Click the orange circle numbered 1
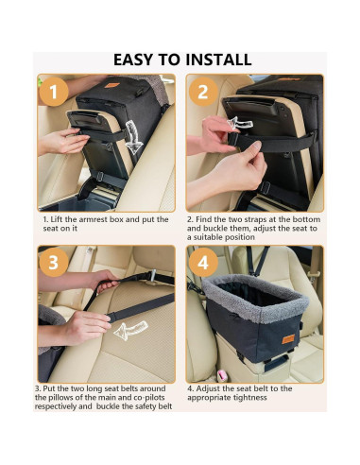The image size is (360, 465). point(54,92)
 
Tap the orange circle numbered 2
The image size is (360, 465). point(203,92)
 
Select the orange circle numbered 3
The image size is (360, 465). point(54,262)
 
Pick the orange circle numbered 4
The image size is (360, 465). point(203,262)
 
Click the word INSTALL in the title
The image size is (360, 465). point(218,60)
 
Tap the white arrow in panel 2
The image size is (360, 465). point(239,124)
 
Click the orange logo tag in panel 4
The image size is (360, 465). point(288,339)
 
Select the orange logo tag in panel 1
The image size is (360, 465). point(111,85)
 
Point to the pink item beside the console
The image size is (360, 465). point(222,375)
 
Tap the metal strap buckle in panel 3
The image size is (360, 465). point(152,276)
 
